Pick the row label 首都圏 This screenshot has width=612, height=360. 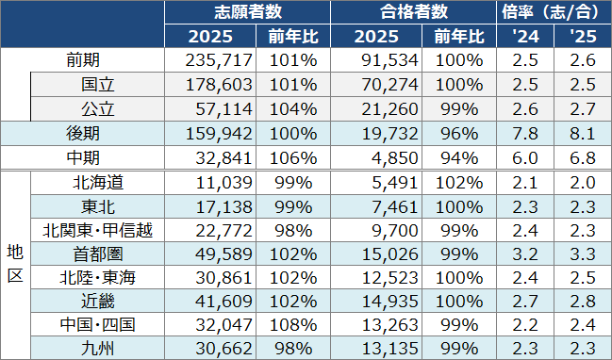97,253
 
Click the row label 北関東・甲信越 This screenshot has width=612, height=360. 97,229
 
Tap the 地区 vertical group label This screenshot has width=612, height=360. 15,265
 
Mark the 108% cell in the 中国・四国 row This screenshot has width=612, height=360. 294,324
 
